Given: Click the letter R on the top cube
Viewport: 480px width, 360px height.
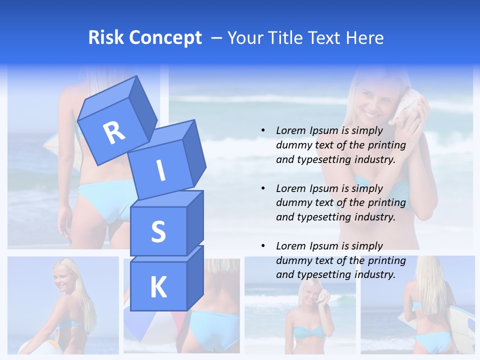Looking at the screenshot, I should pyautogui.click(x=114, y=133).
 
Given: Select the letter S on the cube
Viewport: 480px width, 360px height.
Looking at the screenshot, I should pyautogui.click(x=158, y=231).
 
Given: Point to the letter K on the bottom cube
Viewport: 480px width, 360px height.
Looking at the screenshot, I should pyautogui.click(x=158, y=287).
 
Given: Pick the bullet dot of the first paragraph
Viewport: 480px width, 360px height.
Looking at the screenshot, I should pyautogui.click(x=263, y=130).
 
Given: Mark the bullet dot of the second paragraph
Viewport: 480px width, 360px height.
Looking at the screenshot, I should pyautogui.click(x=263, y=188).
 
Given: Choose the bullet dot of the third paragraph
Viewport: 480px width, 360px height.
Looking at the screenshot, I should pyautogui.click(x=263, y=246).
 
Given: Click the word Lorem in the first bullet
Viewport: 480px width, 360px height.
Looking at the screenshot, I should pyautogui.click(x=291, y=130).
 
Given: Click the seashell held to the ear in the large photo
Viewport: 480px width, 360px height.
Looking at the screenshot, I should pyautogui.click(x=406, y=110).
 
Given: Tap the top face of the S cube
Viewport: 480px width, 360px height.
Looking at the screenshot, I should pyautogui.click(x=167, y=199).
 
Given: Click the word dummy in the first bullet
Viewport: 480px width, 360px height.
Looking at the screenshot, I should pyautogui.click(x=293, y=145).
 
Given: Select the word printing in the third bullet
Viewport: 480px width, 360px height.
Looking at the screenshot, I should pyautogui.click(x=387, y=260).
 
